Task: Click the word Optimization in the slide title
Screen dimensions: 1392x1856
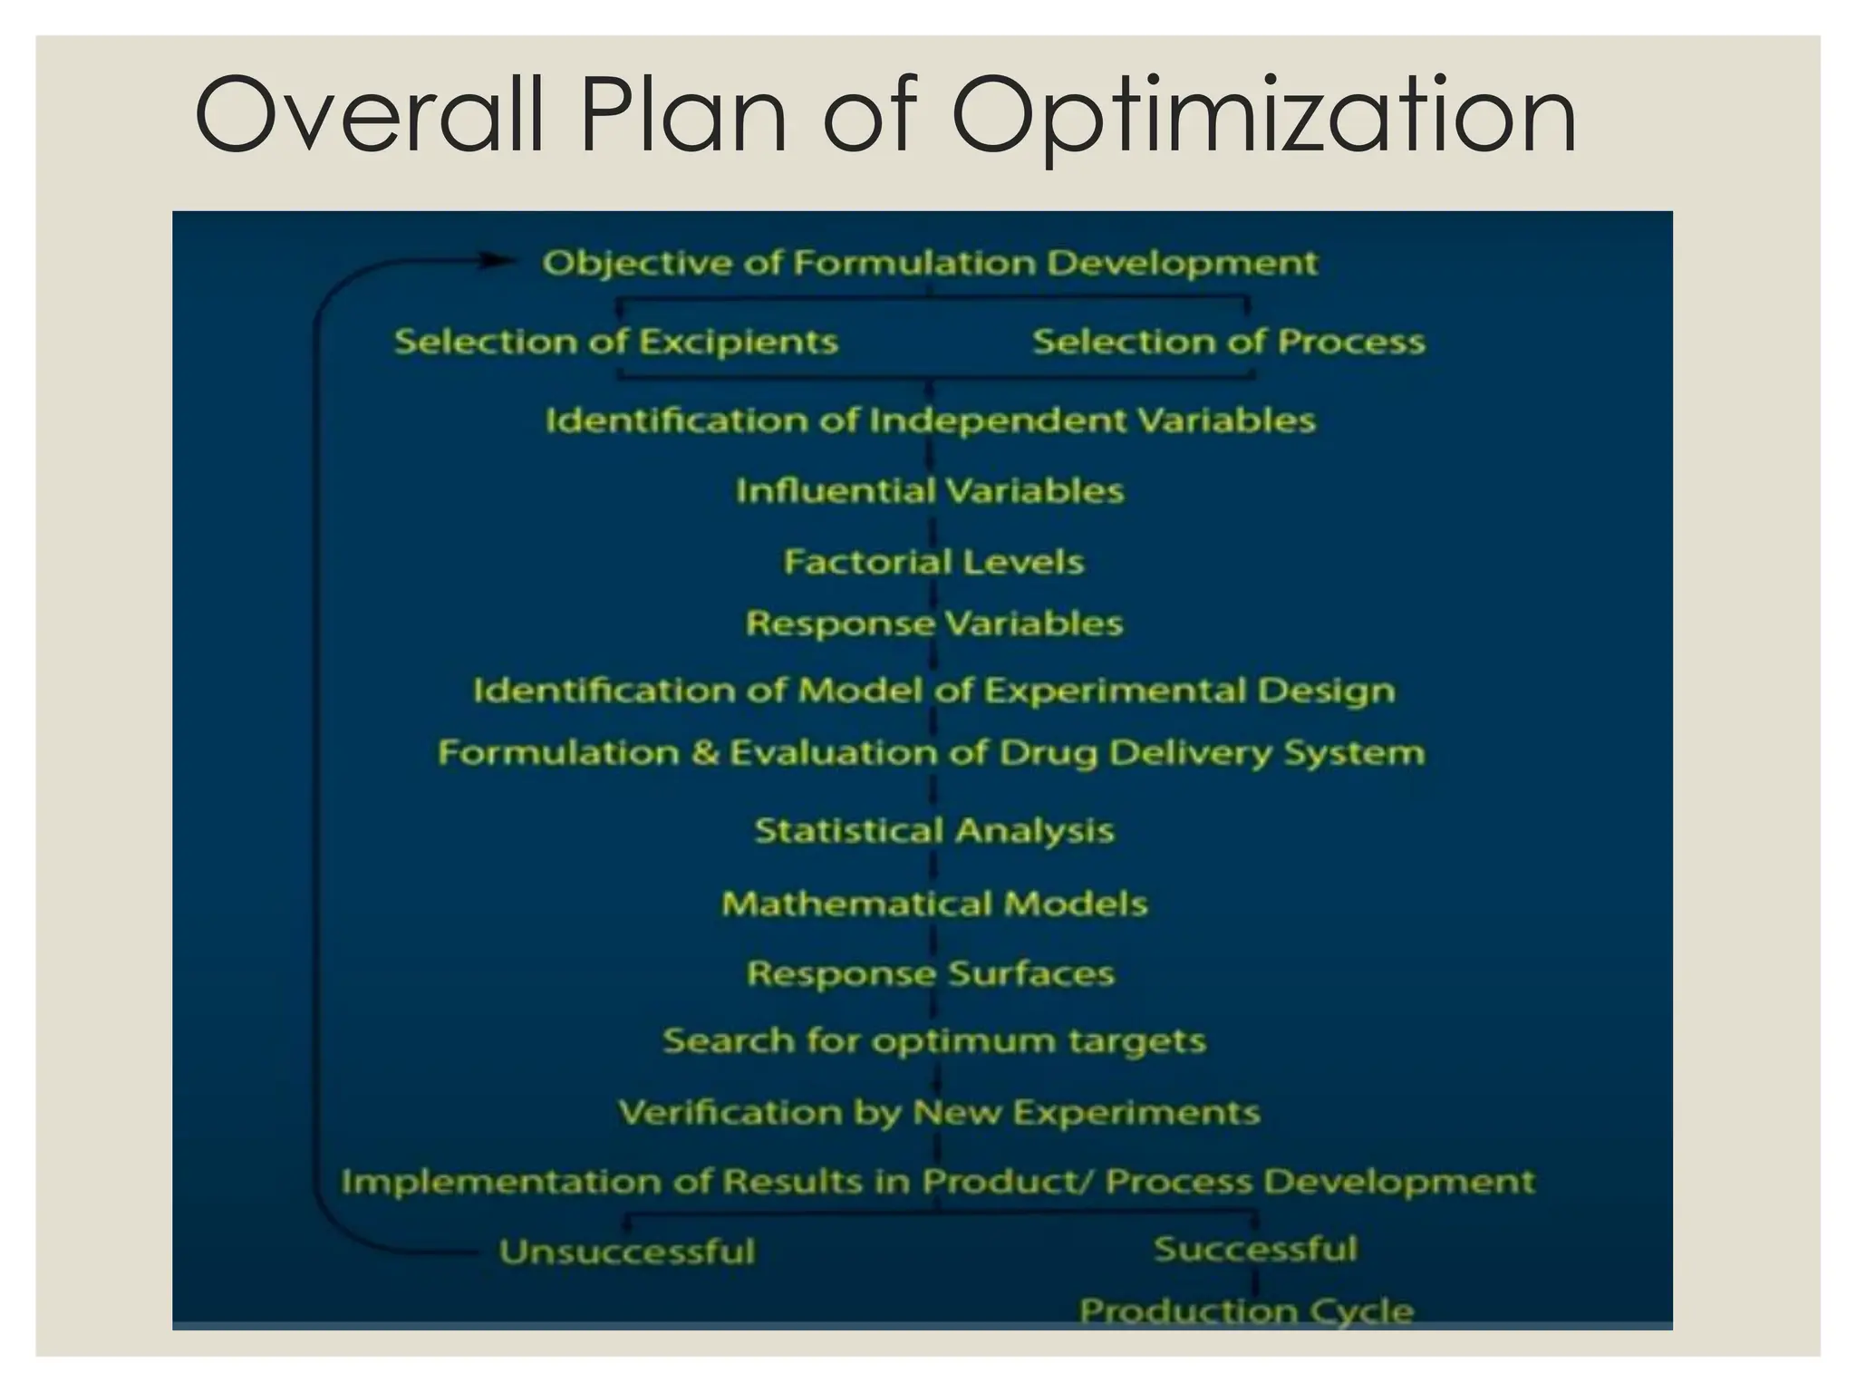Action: [x=1264, y=116]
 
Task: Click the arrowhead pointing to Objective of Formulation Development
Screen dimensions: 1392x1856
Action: [x=497, y=261]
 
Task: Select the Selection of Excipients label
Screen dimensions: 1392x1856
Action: [x=616, y=342]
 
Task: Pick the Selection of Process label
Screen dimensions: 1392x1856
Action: [x=1229, y=342]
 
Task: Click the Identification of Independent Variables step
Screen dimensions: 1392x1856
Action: [x=931, y=420]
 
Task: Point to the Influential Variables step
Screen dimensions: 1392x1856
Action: [x=930, y=491]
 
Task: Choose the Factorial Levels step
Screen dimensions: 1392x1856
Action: [x=933, y=562]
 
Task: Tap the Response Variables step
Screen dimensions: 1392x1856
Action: [x=934, y=623]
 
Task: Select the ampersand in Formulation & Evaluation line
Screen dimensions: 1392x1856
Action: [x=704, y=753]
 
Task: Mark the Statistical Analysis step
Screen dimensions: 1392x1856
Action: [x=934, y=830]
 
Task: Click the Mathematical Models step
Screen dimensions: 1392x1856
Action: [x=934, y=904]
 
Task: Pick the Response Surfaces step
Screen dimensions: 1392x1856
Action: [x=931, y=973]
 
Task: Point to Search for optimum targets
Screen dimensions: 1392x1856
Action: [x=934, y=1040]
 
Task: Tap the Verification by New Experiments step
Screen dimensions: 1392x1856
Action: [x=939, y=1112]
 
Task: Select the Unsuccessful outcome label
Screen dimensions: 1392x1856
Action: [x=627, y=1252]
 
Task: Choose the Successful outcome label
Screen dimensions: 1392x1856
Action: [x=1255, y=1249]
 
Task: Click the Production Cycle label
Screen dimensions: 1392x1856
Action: [x=1246, y=1310]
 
